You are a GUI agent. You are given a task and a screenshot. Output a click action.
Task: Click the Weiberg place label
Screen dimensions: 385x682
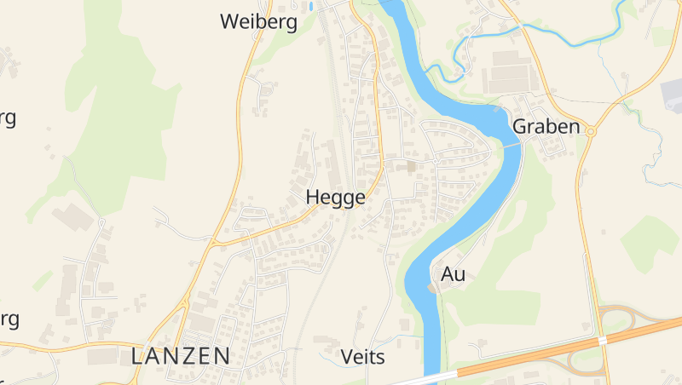(x=258, y=22)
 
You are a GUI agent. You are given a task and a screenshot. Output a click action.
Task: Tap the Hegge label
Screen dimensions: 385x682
(x=335, y=198)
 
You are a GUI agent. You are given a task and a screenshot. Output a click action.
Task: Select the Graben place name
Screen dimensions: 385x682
(x=546, y=127)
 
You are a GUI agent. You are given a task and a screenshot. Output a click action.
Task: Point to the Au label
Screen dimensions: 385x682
(x=454, y=274)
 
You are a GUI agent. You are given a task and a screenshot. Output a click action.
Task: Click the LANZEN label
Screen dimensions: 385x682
(x=181, y=356)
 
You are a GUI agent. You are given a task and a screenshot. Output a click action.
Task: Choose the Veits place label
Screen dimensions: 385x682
(x=362, y=356)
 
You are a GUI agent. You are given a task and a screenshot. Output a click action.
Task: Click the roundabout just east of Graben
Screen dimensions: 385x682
(x=589, y=131)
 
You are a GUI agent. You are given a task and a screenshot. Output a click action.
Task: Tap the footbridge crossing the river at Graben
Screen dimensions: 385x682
(x=510, y=147)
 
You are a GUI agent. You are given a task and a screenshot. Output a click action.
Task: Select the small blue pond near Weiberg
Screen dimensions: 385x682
(x=312, y=6)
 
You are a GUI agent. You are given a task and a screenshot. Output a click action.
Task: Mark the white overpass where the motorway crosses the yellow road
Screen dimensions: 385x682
(x=603, y=339)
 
